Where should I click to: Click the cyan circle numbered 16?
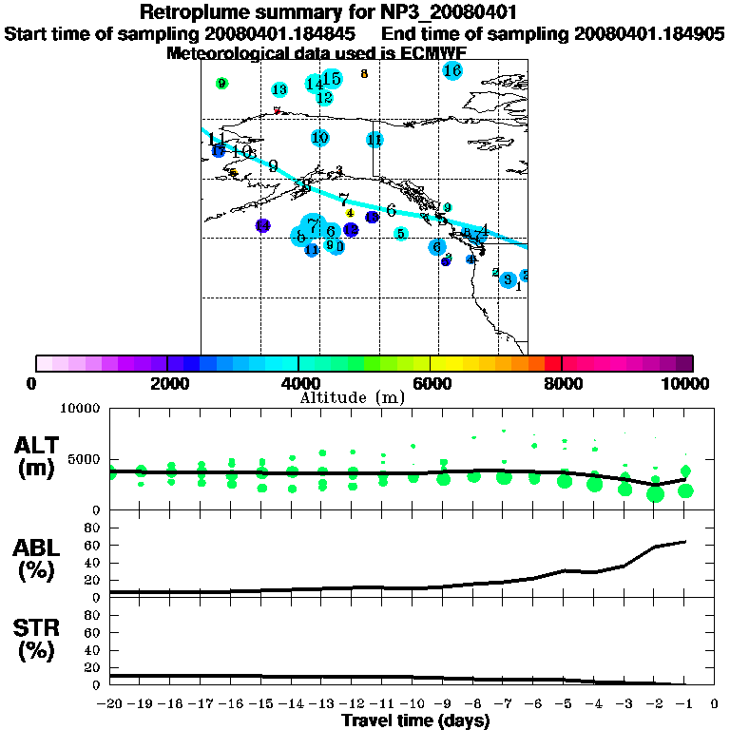click(x=452, y=71)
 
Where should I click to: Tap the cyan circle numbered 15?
click(x=332, y=79)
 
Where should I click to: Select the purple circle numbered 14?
click(x=263, y=225)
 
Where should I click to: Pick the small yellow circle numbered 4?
click(x=350, y=213)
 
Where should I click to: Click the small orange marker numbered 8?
click(x=364, y=73)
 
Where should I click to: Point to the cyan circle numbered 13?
click(x=279, y=90)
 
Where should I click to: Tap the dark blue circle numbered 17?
click(x=219, y=150)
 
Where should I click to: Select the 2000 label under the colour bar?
click(x=166, y=383)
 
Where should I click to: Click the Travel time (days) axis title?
click(x=415, y=720)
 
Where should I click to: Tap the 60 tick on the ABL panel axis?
click(x=93, y=545)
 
